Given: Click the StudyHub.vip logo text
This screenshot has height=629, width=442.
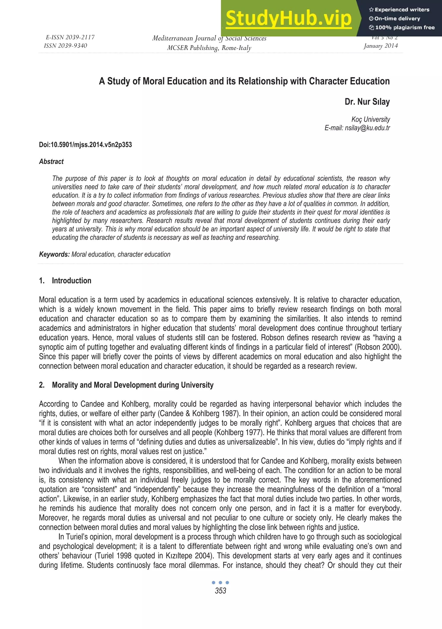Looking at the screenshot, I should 289,18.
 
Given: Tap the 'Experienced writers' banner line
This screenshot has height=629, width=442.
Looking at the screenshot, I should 399,10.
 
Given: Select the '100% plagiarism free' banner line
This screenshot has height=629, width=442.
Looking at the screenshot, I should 402,27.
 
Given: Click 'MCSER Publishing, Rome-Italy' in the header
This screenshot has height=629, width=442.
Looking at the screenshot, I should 209,48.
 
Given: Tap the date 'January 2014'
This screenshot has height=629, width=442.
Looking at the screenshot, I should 380,46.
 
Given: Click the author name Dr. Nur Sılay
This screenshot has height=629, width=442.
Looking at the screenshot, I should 367,102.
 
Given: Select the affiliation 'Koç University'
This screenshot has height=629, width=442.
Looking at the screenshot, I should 371,120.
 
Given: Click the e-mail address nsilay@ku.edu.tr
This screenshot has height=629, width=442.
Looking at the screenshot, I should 367,128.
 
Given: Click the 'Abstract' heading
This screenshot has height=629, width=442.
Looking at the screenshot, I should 51,162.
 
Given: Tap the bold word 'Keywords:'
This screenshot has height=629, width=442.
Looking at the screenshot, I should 54,254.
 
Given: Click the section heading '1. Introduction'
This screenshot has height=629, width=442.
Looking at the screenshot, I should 65,281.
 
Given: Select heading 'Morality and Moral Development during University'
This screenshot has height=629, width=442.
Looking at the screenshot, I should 133,385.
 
